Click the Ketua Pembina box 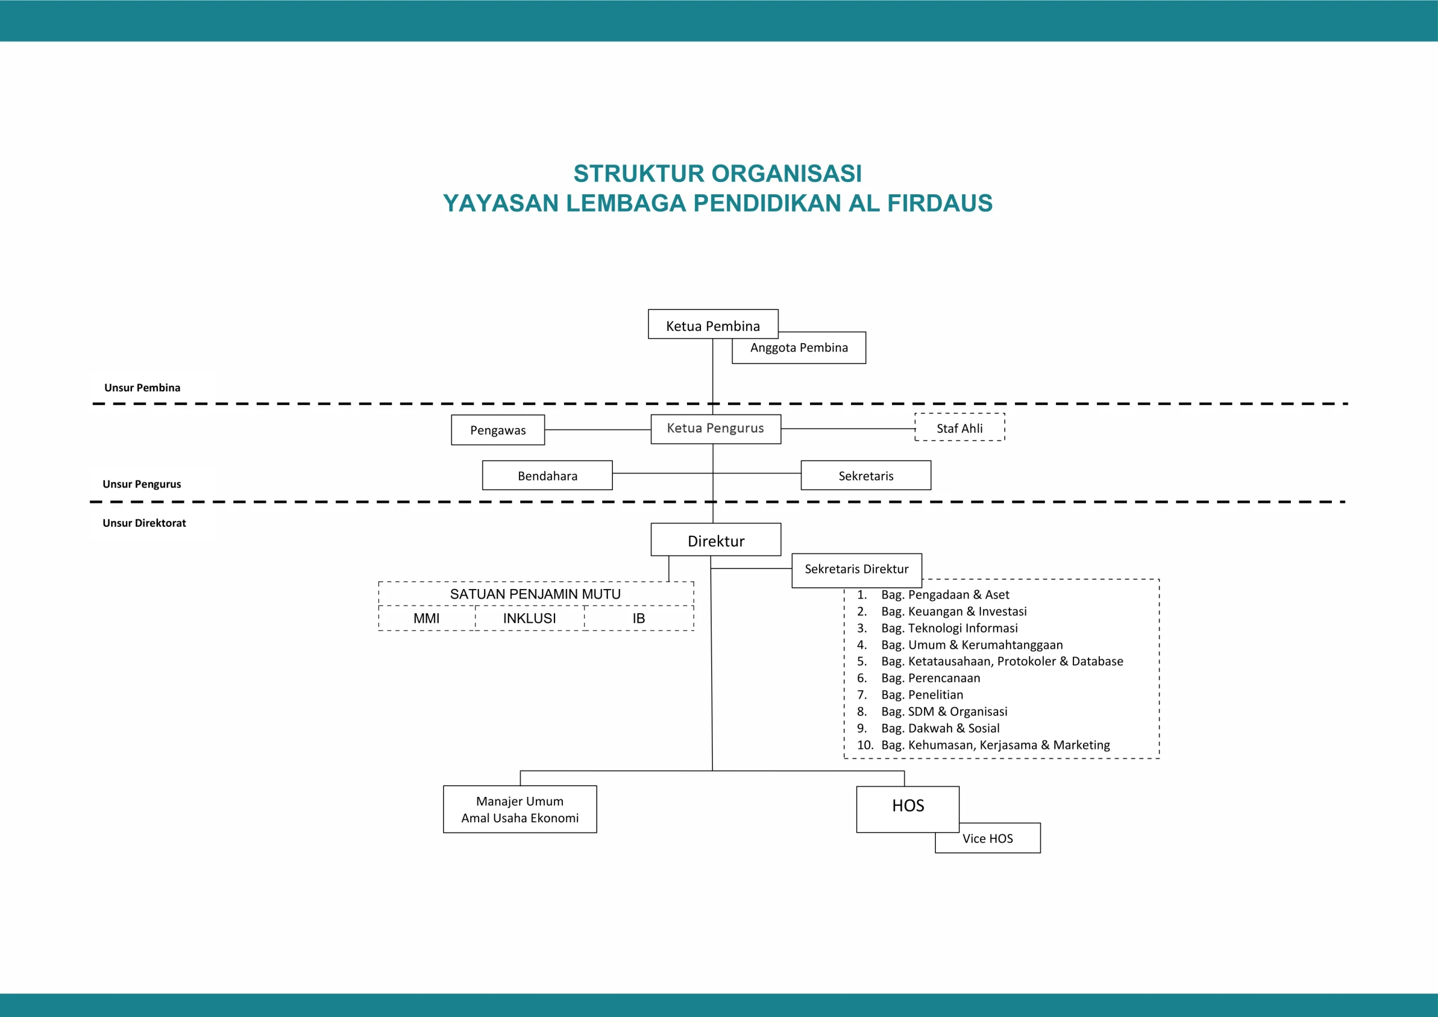713,325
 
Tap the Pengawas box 498,430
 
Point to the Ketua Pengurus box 715,429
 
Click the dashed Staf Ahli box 959,428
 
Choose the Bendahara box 547,476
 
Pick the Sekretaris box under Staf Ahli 866,476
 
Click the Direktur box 716,540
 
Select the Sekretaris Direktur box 856,569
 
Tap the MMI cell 426,619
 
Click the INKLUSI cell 529,619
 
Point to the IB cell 638,619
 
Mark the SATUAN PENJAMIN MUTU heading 535,594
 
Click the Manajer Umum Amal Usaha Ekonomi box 520,809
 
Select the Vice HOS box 988,839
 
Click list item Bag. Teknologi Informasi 949,628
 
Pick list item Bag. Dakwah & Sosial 940,728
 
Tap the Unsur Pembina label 142,387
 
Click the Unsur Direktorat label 144,523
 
